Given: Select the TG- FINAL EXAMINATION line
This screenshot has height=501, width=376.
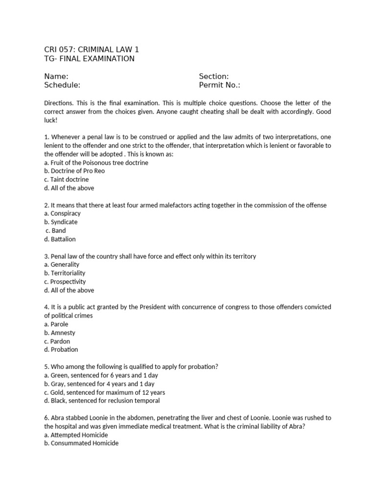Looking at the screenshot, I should (89, 59).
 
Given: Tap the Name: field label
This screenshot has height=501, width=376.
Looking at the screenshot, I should (56, 76).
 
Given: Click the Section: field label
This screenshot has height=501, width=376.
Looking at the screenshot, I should (213, 76).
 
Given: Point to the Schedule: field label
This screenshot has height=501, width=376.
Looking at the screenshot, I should (62, 85).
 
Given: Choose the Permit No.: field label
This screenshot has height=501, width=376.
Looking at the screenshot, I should (219, 85).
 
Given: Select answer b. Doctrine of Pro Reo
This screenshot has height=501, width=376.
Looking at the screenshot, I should (74, 171).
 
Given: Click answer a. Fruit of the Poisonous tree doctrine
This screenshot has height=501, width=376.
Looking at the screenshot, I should (96, 162).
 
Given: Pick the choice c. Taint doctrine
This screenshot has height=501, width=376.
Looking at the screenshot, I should (67, 180).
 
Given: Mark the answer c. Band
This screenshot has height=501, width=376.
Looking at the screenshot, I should (56, 230).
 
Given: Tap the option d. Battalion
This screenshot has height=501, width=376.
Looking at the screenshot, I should (60, 239).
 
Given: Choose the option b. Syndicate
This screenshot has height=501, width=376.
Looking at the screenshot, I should (61, 222).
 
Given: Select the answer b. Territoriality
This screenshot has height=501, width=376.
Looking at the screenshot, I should (65, 273).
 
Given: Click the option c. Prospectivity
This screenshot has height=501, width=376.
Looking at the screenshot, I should (65, 282).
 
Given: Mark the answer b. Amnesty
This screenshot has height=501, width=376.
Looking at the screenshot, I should (60, 333).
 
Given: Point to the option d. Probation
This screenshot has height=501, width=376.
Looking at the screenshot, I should (61, 349).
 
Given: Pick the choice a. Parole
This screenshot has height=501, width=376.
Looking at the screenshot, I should (56, 324).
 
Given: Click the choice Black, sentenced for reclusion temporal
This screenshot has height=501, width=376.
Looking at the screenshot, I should (102, 401).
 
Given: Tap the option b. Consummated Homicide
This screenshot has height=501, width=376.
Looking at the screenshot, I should (81, 443).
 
